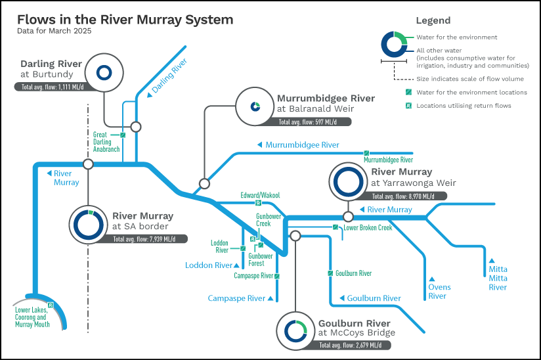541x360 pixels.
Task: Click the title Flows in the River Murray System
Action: pos(125,20)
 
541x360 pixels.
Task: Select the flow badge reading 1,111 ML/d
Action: pos(53,87)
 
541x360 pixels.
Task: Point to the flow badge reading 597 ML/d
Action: pos(308,122)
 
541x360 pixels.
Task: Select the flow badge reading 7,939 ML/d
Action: pos(144,239)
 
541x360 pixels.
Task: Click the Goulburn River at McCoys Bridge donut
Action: pos(295,322)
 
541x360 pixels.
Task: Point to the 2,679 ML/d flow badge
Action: pos(351,345)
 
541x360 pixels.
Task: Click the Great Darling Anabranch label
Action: pos(106,142)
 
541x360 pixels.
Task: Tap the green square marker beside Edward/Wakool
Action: pos(258,203)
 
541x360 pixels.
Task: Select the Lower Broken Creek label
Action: pos(368,228)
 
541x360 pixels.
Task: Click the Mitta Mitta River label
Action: pos(498,278)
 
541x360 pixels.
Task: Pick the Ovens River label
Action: pos(439,292)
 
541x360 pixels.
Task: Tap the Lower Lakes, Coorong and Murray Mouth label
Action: pos(32,317)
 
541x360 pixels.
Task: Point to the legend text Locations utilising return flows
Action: pos(464,106)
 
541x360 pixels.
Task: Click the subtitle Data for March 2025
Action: pos(54,31)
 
